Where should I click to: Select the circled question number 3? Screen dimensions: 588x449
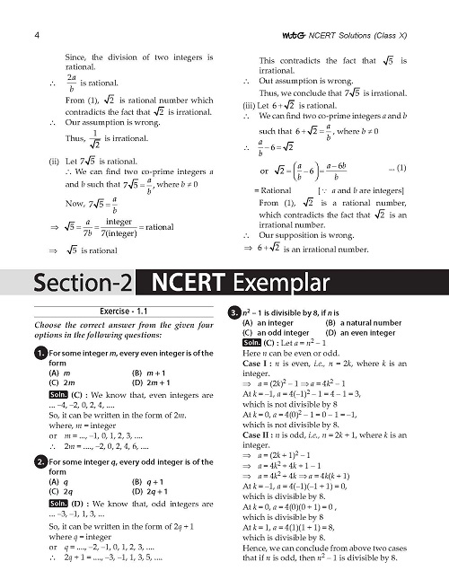coord(233,312)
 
